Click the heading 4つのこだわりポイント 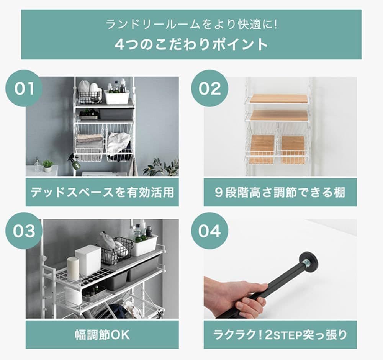tap(191, 44)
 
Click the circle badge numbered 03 tap(23, 231)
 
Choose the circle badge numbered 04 tap(210, 231)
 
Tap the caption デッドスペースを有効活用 tap(102, 192)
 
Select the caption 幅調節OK tap(102, 334)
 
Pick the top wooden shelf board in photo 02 tap(278, 98)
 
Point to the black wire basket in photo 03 tap(116, 251)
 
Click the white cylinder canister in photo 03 tap(73, 268)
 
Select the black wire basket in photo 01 tap(89, 96)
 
